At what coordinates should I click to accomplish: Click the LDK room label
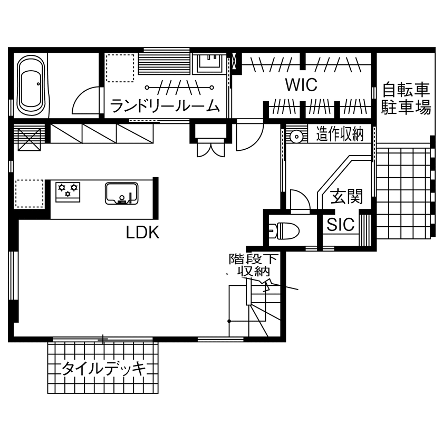pyautogui.click(x=142, y=233)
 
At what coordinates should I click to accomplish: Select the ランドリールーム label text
pyautogui.click(x=165, y=107)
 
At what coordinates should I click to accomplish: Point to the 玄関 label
pyautogui.click(x=346, y=197)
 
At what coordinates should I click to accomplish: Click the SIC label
pyautogui.click(x=340, y=225)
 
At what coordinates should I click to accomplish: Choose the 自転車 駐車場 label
pyautogui.click(x=406, y=98)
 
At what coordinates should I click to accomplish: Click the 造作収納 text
pyautogui.click(x=340, y=135)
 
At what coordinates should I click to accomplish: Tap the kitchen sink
pyautogui.click(x=122, y=193)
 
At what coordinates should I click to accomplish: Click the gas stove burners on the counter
pyautogui.click(x=68, y=190)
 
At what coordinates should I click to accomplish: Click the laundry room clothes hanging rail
pyautogui.click(x=178, y=87)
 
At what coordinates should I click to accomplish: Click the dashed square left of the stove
pyautogui.click(x=28, y=193)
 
